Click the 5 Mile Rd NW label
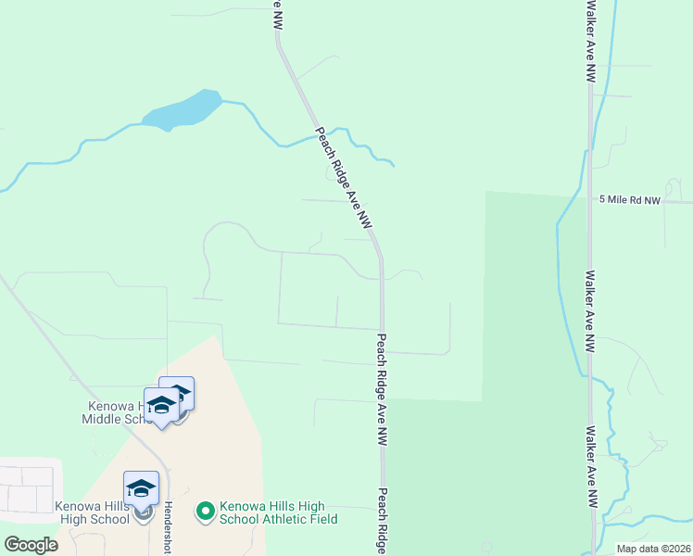[x=630, y=199]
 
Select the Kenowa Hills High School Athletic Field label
[x=277, y=512]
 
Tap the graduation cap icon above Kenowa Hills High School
[x=142, y=488]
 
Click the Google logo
[x=31, y=545]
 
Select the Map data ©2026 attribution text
[x=652, y=549]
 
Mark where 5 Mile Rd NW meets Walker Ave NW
[x=590, y=200]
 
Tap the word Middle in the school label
[x=108, y=419]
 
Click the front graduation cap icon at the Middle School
[x=161, y=408]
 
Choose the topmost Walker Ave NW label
[x=590, y=42]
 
